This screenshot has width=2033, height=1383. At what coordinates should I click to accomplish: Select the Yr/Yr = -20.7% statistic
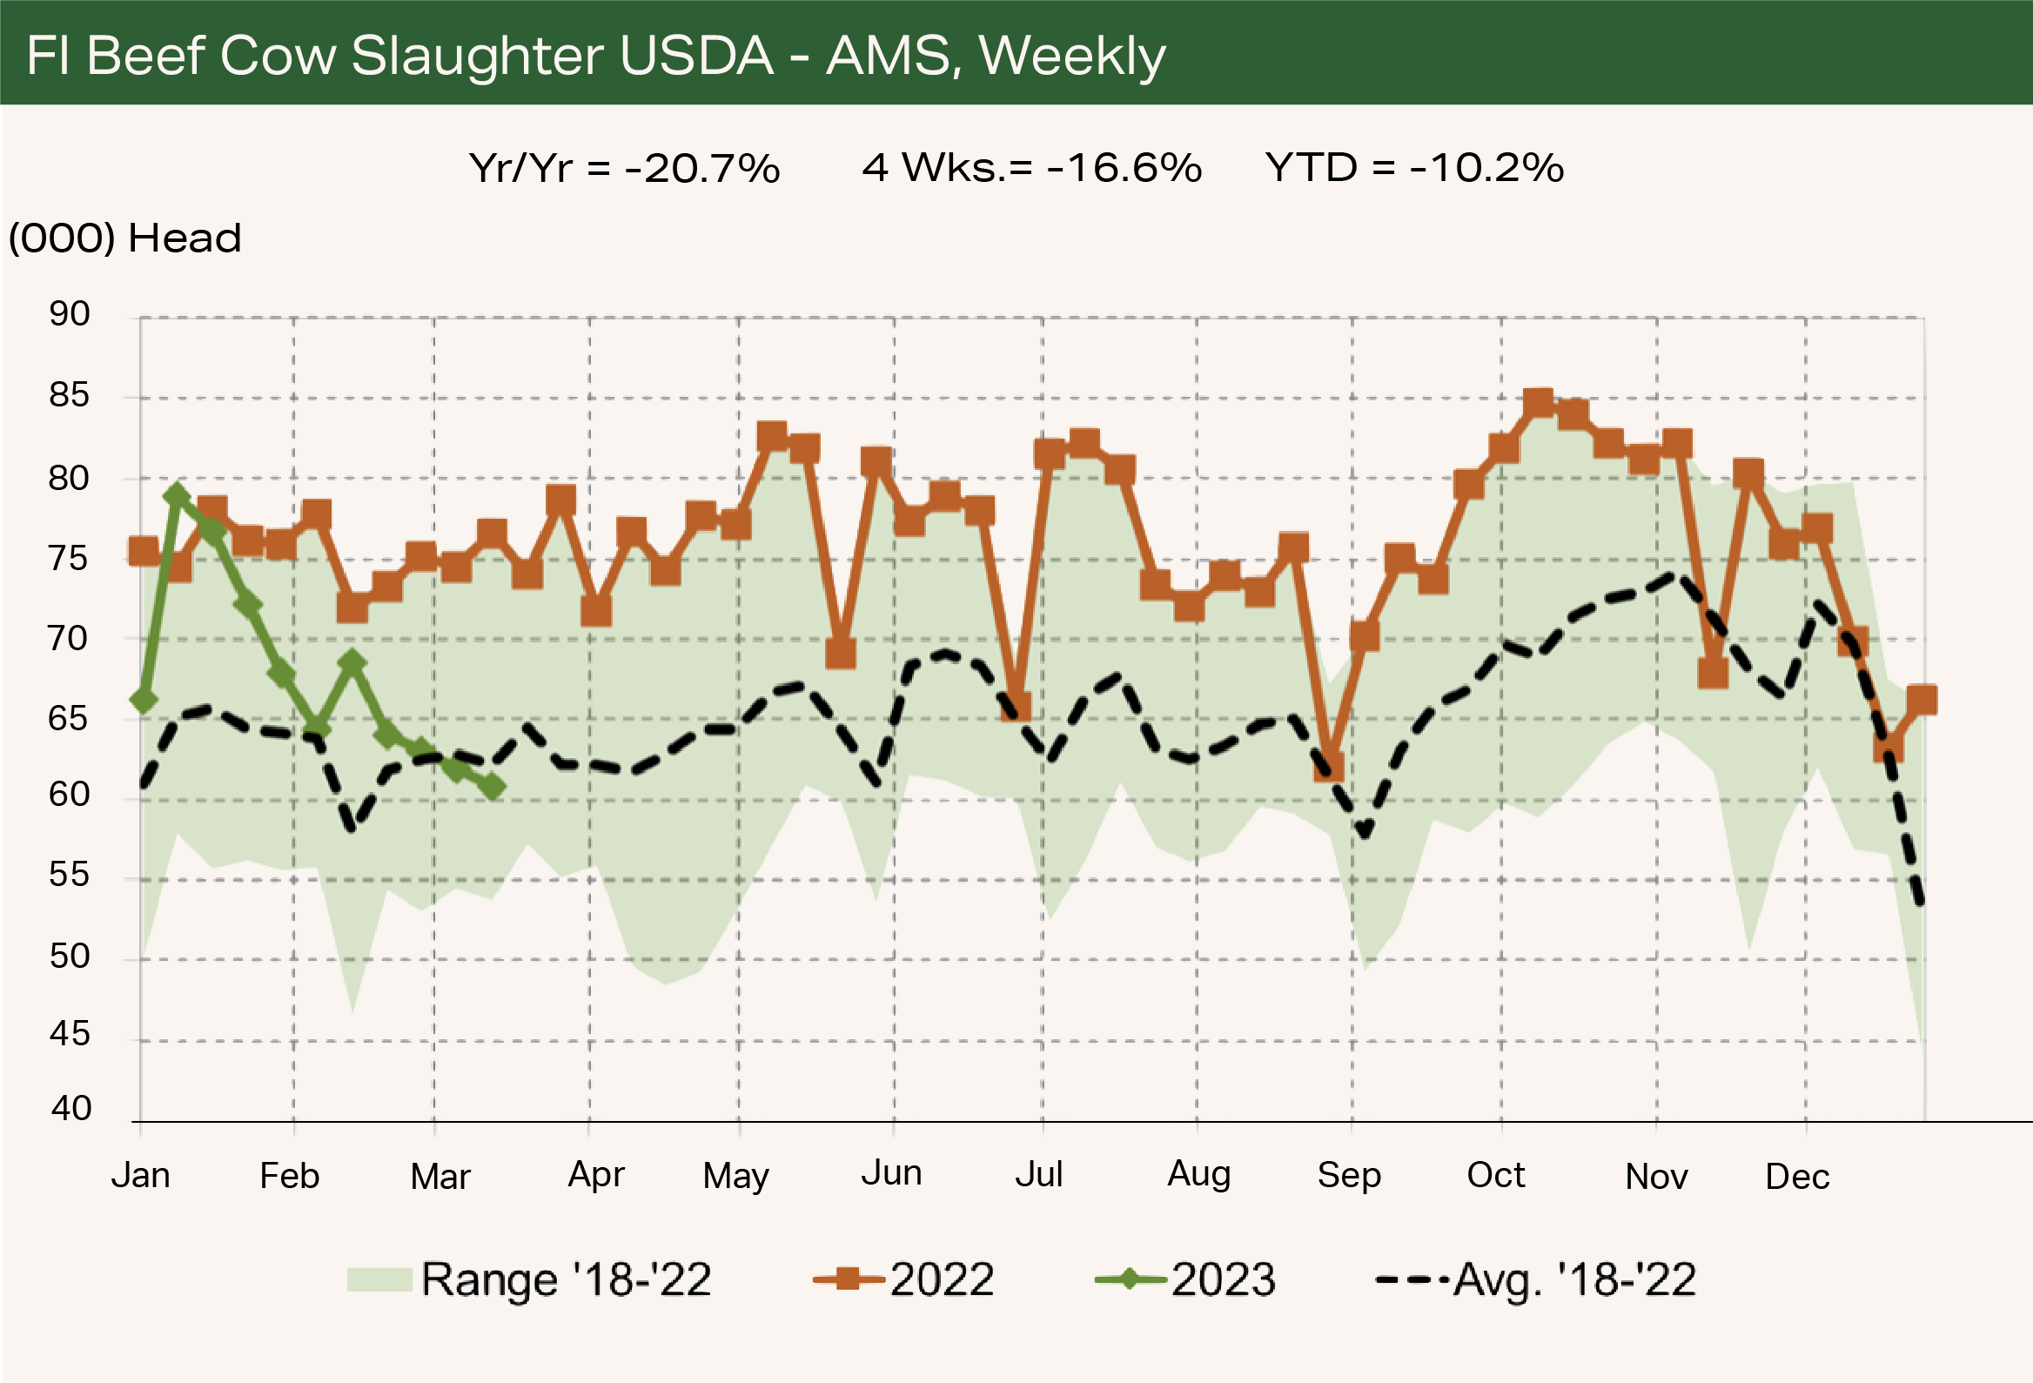pyautogui.click(x=624, y=168)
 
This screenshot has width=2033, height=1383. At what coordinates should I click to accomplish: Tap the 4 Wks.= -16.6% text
pyautogui.click(x=1031, y=168)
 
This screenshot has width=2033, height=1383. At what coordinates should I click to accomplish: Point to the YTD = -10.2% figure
pyautogui.click(x=1413, y=168)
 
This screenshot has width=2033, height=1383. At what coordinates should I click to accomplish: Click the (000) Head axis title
pyautogui.click(x=124, y=238)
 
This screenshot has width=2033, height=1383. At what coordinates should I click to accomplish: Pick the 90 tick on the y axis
pyautogui.click(x=69, y=314)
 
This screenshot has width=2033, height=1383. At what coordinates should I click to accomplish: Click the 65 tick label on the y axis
pyautogui.click(x=69, y=719)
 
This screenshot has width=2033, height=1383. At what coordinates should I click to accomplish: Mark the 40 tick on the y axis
pyautogui.click(x=70, y=1108)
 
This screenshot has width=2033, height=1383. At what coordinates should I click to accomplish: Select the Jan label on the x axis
pyautogui.click(x=141, y=1176)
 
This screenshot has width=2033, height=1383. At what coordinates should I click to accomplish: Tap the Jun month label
pyautogui.click(x=891, y=1173)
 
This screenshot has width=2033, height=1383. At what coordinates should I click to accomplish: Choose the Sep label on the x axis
pyautogui.click(x=1349, y=1176)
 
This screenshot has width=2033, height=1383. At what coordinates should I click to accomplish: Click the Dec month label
pyautogui.click(x=1797, y=1178)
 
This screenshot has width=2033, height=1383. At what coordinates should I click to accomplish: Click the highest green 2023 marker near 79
pyautogui.click(x=177, y=496)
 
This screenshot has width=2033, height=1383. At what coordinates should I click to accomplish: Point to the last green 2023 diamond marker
pyautogui.click(x=493, y=788)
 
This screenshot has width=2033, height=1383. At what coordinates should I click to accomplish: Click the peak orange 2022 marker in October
pyautogui.click(x=1538, y=403)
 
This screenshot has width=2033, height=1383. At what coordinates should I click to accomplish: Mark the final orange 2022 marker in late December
pyautogui.click(x=1921, y=700)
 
